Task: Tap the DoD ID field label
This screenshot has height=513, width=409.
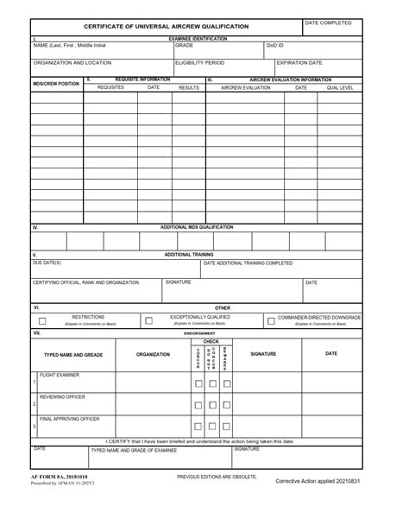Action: point(275,45)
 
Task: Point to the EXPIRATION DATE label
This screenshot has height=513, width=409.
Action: point(299,63)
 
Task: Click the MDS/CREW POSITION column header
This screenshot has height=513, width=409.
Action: point(56,84)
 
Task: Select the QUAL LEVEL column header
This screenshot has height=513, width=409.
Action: point(339,87)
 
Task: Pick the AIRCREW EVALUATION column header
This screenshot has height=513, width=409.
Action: point(245,87)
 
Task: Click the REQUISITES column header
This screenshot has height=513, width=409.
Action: point(110,87)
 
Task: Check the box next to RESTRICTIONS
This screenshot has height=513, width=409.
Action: point(42,320)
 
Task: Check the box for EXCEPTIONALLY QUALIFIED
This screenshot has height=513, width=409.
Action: point(148,320)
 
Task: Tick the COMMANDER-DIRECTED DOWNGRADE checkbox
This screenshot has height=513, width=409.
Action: point(270,320)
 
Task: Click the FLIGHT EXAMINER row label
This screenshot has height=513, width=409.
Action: point(60,375)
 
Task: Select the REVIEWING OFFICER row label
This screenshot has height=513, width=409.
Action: point(62,396)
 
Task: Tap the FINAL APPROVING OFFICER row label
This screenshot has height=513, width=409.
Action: point(70,419)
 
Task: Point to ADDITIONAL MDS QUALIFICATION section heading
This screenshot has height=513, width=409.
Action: point(197,227)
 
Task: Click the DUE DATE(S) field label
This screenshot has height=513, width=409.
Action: point(47,263)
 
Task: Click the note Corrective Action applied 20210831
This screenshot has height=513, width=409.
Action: point(318,480)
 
